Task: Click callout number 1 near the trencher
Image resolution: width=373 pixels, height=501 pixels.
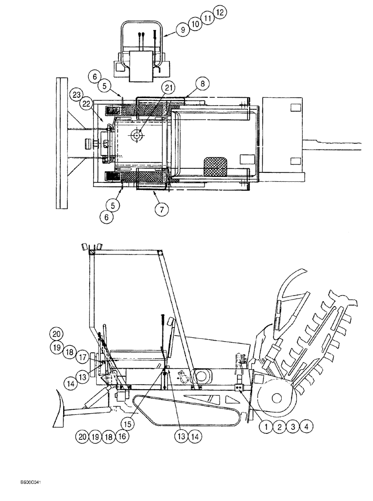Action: coord(265,427)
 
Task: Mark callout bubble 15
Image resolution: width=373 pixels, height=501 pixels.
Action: coord(128,424)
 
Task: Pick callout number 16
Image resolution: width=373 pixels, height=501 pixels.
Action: coord(120,436)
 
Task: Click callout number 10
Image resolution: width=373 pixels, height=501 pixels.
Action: coord(195,23)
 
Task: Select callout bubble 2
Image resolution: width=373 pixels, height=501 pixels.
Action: coord(279,427)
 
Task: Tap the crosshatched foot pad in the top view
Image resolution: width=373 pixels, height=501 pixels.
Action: coord(214,164)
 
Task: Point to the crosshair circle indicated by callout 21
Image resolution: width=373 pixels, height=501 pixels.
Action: coord(136,134)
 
